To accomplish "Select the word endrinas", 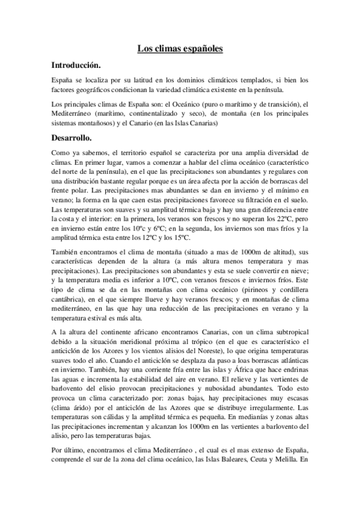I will [293, 368].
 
